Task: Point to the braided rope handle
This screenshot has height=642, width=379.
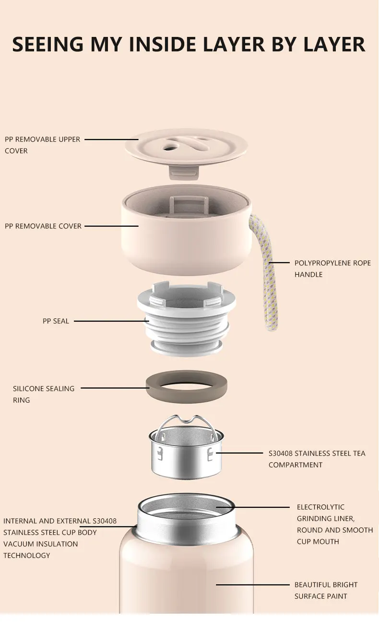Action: click(262, 272)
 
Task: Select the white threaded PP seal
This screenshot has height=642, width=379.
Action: click(186, 320)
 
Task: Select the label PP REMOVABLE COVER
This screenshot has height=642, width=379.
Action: click(43, 226)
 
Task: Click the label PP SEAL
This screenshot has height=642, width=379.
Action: click(56, 321)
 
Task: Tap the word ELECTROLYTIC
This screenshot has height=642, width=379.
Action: click(320, 507)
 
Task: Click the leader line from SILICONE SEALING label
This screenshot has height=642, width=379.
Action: click(115, 388)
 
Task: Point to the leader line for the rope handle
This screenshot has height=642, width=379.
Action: click(279, 262)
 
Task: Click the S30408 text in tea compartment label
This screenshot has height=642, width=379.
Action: click(281, 453)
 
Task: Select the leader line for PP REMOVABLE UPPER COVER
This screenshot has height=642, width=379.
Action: click(111, 140)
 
